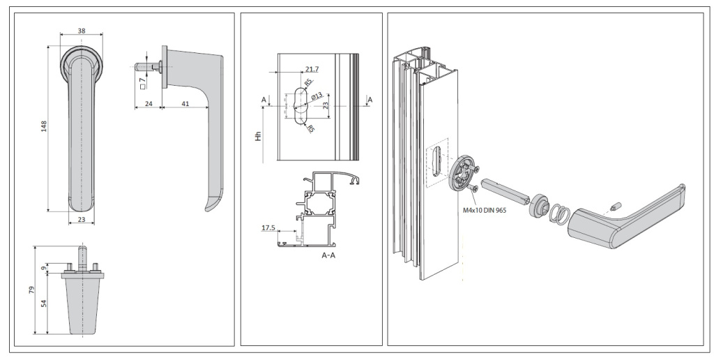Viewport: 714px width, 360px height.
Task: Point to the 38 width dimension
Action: tap(82, 31)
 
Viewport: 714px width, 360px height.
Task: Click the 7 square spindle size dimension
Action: tap(142, 81)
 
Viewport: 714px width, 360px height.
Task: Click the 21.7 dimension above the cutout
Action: tap(312, 69)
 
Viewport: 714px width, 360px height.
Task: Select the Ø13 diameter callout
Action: tap(316, 96)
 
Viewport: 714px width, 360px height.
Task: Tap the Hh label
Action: tap(257, 137)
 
